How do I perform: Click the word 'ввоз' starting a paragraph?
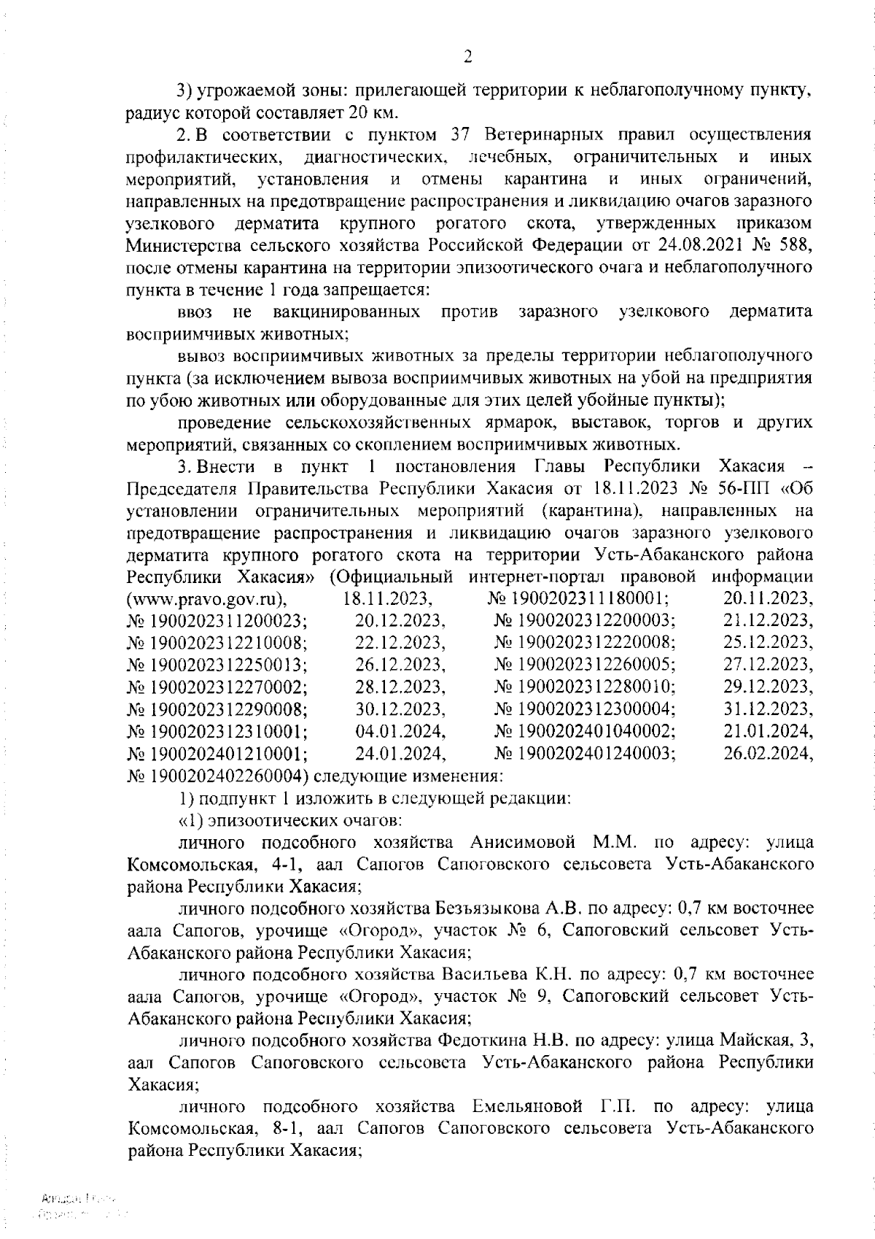pyautogui.click(x=195, y=312)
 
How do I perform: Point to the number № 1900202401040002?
pyautogui.click(x=585, y=730)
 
